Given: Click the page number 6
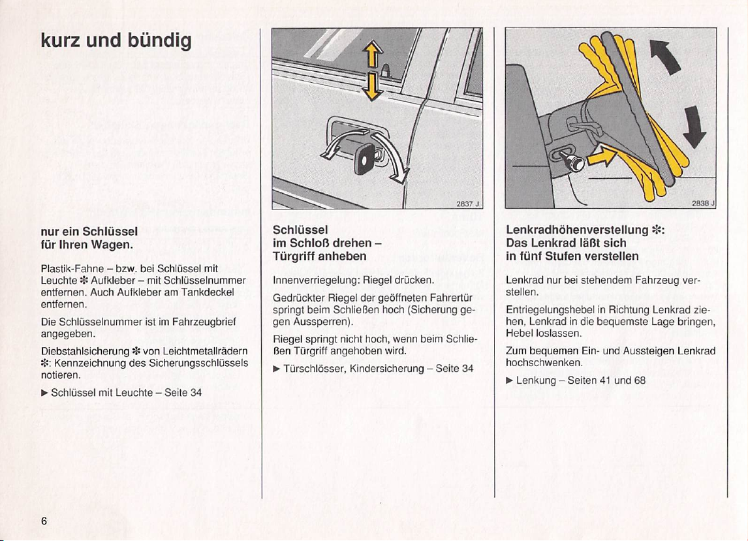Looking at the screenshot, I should coord(44,521).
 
